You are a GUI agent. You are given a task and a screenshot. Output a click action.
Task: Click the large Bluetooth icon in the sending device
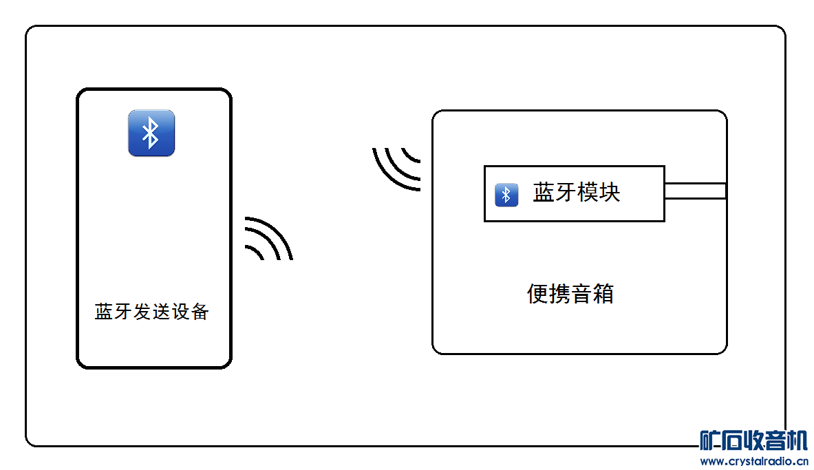pos(151,133)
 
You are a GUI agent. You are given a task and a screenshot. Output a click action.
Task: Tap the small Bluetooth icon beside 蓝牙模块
pos(506,195)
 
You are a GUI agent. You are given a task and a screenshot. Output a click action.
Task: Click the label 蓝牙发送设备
pos(152,312)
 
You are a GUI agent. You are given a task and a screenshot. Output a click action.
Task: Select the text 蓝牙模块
pos(577,193)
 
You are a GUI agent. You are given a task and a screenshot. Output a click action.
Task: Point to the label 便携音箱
pos(570,295)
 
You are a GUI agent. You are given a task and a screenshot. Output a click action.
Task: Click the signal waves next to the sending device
pos(269,239)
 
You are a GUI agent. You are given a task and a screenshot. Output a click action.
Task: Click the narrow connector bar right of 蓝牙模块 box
pos(695,191)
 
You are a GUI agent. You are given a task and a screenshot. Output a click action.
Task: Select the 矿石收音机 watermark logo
pos(753,440)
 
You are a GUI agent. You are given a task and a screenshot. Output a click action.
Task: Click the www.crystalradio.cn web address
pos(753,461)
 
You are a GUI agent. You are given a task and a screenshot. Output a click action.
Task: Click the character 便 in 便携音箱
pos(537,295)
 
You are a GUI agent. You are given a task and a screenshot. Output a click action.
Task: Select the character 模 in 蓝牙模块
pos(588,193)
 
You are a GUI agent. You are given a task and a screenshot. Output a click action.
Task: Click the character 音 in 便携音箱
pos(581,295)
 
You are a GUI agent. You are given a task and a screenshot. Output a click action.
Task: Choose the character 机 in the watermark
pos(797,440)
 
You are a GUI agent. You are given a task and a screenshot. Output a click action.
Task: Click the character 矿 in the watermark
pos(710,440)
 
